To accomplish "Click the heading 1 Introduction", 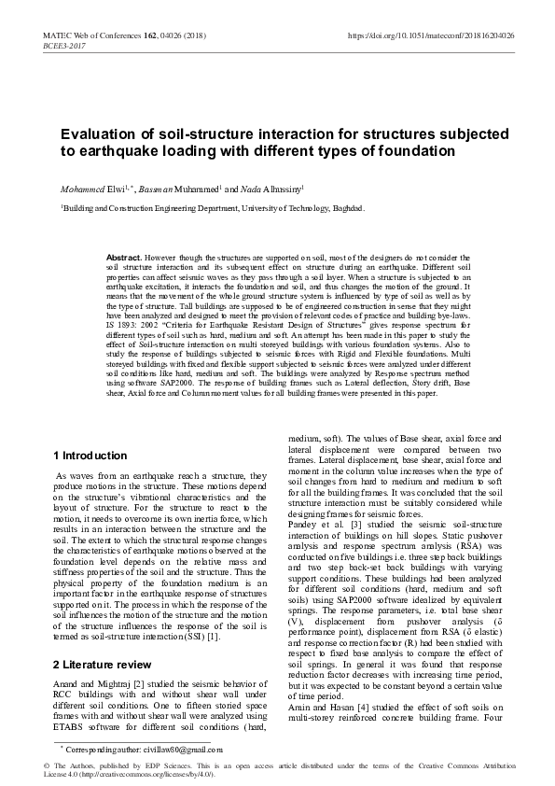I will click(90, 456).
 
